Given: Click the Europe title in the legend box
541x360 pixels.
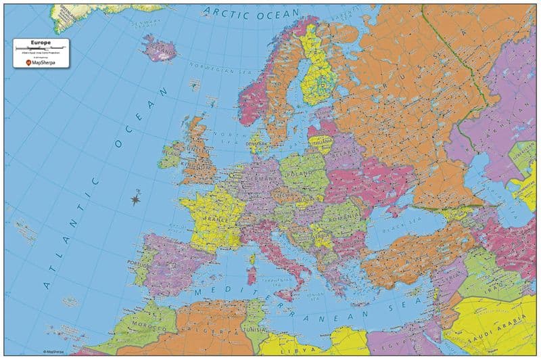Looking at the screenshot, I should (x=41, y=42).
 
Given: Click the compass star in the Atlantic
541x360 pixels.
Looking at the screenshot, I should (x=136, y=199).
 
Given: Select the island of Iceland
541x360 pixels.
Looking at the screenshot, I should (x=159, y=49).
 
